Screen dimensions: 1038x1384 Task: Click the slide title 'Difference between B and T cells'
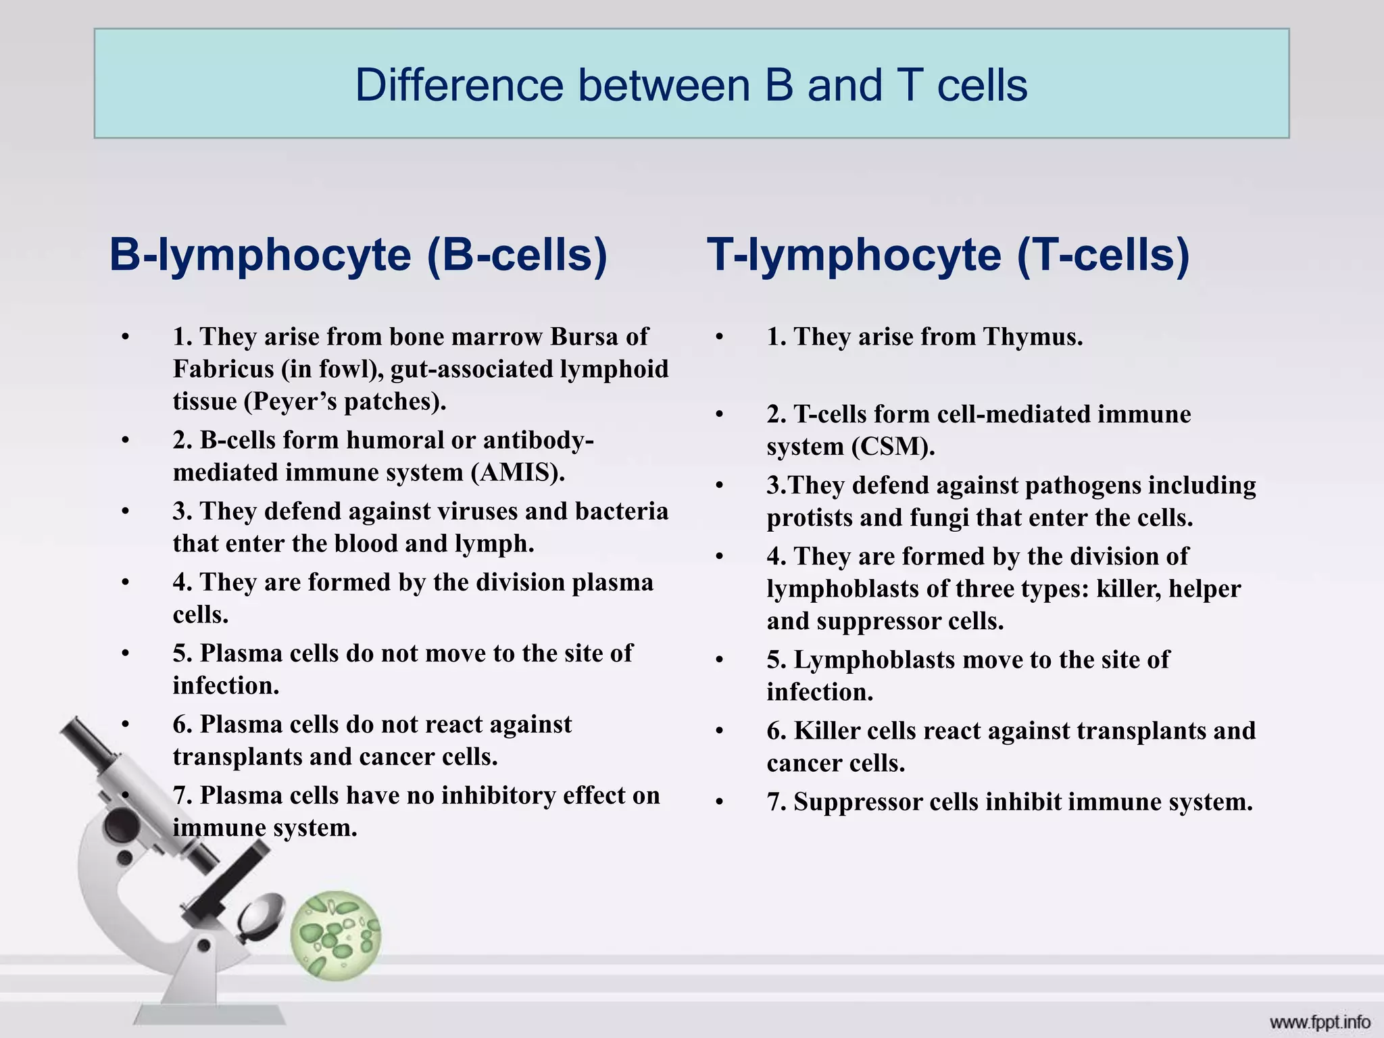691,85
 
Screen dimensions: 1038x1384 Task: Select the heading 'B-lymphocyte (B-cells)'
358,255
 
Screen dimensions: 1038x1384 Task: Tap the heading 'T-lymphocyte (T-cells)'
948,255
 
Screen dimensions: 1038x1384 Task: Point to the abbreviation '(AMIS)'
518,472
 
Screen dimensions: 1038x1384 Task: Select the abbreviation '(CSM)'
893,447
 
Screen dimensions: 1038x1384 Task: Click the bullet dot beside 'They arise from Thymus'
720,337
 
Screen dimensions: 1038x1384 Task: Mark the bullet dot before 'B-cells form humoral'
126,440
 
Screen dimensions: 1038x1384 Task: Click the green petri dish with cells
336,935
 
